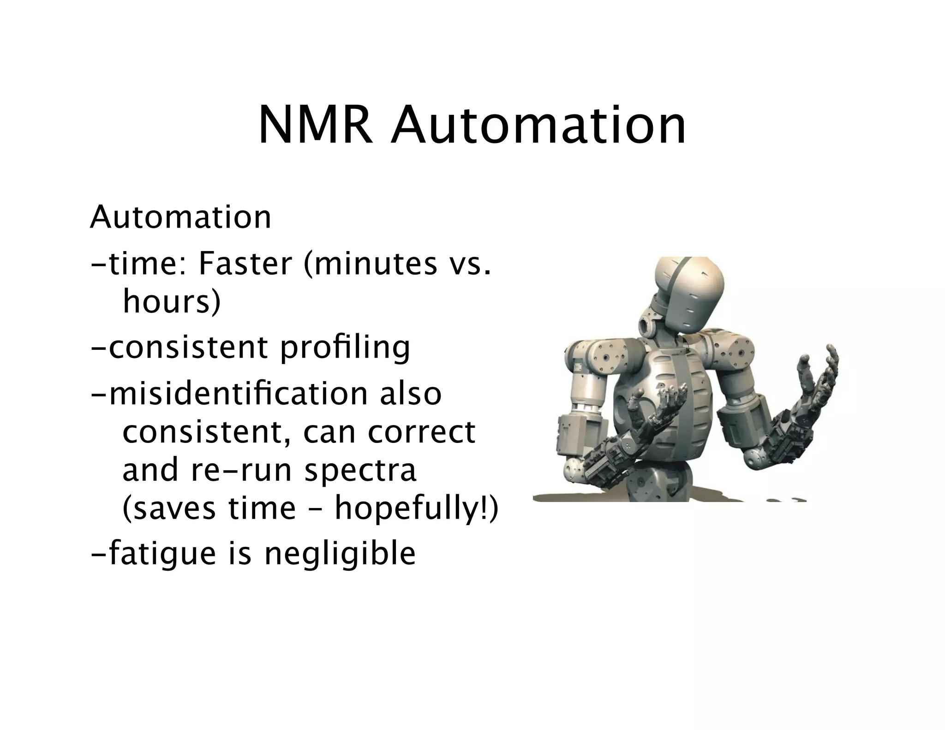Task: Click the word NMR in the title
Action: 315,126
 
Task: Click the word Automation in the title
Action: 538,126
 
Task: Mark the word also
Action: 411,394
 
